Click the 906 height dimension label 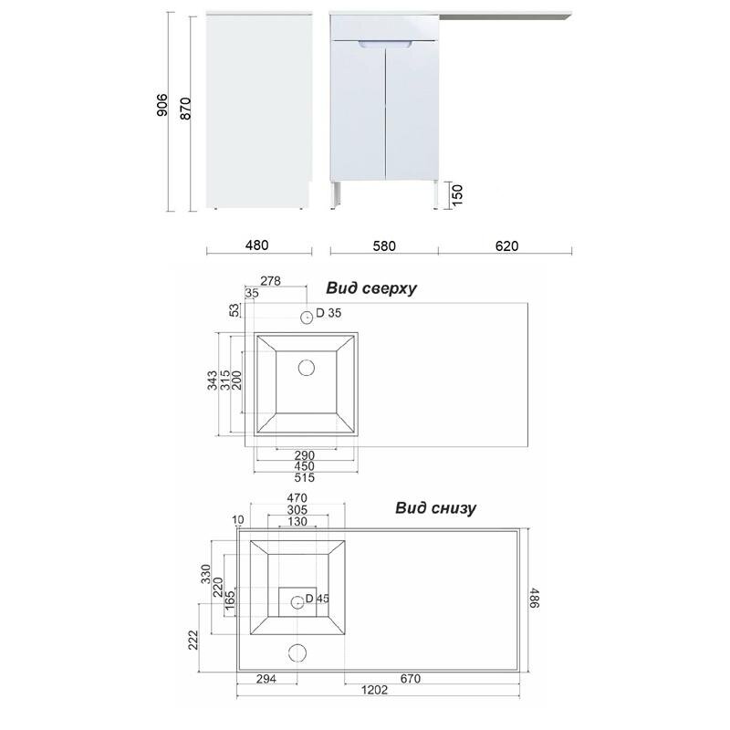point(162,105)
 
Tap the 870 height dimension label point(185,109)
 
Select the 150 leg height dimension point(458,195)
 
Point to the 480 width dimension point(256,245)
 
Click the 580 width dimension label point(384,245)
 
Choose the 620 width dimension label point(506,245)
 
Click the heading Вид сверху point(371,288)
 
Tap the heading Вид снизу point(436,507)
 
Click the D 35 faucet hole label point(328,313)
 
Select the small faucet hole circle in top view point(307,318)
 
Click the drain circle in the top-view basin point(307,368)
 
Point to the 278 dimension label point(270,281)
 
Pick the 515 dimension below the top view point(305,477)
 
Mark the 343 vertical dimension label point(213,381)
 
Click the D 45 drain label point(317,599)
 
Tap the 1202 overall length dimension point(375,690)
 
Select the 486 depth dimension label point(535,599)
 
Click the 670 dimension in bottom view point(410,679)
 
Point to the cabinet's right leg point(435,194)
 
